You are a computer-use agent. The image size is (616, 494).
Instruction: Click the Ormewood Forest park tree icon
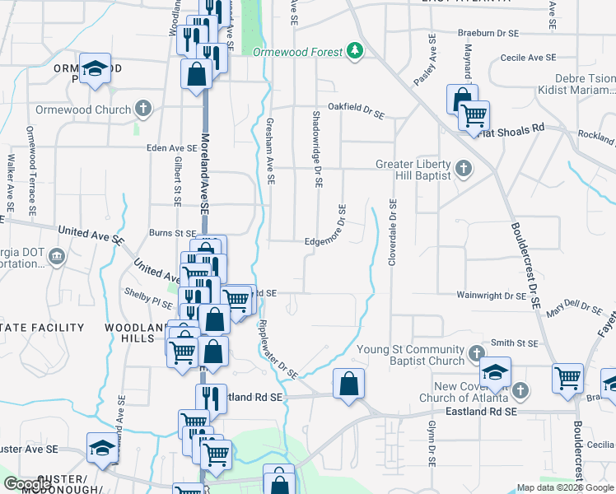(355, 52)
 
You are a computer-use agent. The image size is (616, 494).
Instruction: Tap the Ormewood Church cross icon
(143, 109)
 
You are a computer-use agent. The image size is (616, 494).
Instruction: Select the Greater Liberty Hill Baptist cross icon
(464, 170)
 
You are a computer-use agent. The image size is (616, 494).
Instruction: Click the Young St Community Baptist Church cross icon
(476, 355)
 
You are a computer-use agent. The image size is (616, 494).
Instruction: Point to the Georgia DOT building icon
(56, 257)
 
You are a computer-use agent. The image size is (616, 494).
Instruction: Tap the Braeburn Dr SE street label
(488, 34)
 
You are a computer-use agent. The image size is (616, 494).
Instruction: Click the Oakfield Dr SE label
(356, 110)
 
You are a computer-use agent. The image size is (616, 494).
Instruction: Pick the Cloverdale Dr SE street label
(393, 233)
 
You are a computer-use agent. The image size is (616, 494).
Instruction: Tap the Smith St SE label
(514, 343)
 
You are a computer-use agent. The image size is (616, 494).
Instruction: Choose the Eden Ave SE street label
(170, 148)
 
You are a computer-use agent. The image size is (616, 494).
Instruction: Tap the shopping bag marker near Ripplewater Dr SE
(349, 384)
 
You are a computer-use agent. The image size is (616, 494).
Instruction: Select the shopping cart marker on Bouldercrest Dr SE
(568, 379)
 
